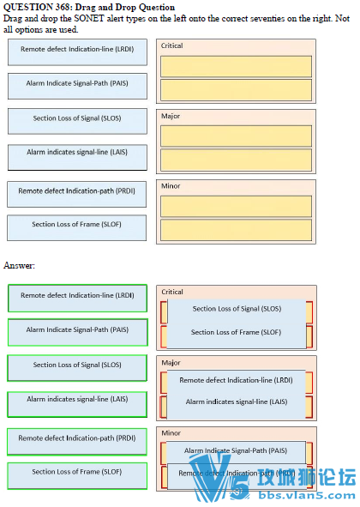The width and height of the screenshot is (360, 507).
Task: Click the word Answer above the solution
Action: tap(19, 266)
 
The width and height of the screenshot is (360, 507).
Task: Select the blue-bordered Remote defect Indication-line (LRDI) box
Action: tap(77, 50)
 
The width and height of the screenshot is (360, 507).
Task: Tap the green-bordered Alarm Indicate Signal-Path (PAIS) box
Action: tap(77, 330)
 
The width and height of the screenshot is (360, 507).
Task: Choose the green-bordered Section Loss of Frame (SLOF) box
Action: tap(77, 472)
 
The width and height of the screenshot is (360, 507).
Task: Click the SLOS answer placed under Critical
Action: tap(237, 309)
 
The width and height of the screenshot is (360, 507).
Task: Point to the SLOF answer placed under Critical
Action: tap(237, 333)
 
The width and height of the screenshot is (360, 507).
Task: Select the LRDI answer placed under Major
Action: tap(237, 379)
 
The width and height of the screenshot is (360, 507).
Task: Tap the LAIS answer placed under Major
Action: tap(237, 402)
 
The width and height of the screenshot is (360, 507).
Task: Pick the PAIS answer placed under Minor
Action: tap(237, 450)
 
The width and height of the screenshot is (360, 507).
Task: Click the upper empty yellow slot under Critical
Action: tap(236, 66)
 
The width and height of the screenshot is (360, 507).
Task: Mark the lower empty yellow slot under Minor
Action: tap(236, 229)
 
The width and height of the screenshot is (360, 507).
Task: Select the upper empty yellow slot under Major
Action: tap(236, 136)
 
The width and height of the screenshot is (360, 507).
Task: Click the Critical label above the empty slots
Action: tap(172, 45)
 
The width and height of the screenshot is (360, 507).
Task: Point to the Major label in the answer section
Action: tap(171, 363)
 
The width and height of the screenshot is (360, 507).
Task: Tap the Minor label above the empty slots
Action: tap(171, 185)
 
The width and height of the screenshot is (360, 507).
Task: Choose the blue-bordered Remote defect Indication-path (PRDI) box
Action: tap(77, 191)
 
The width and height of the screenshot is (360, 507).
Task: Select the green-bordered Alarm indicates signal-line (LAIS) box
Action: tap(77, 400)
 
